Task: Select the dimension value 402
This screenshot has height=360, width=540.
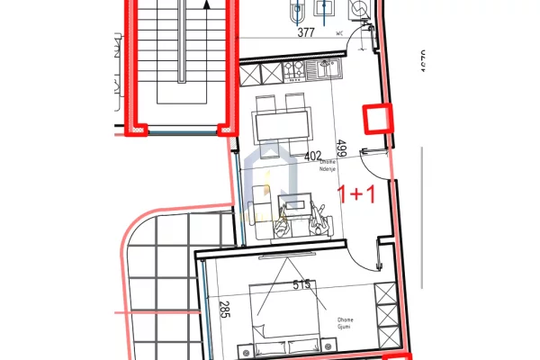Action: pos(313,156)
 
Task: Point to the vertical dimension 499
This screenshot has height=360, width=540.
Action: pos(341,149)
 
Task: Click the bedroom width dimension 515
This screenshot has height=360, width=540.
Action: pos(302,285)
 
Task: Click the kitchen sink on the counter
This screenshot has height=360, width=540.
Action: pos(326,67)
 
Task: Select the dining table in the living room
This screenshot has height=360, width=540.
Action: pos(281,119)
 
